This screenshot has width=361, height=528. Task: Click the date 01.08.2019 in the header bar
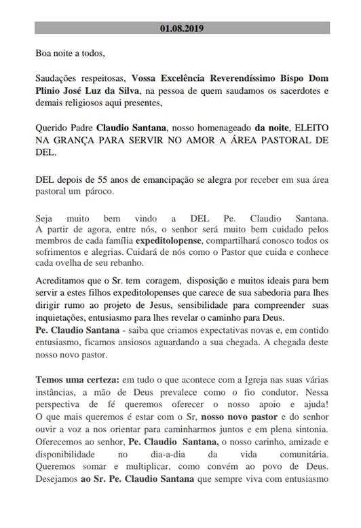[181, 29]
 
